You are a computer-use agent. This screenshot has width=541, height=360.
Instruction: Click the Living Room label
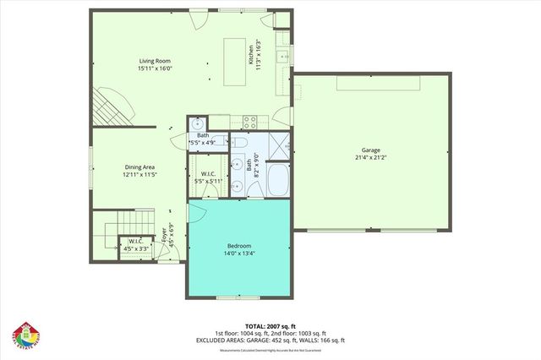click(x=156, y=61)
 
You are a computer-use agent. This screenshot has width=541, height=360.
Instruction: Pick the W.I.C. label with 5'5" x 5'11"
click(x=207, y=177)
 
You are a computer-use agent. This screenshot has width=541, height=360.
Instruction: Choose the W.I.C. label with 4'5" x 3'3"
click(x=135, y=245)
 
